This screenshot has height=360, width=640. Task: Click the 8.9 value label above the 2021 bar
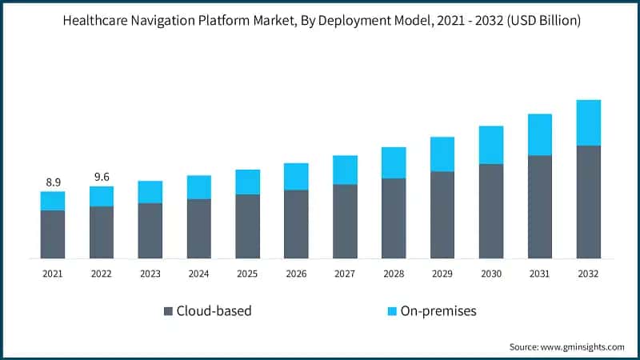pyautogui.click(x=53, y=182)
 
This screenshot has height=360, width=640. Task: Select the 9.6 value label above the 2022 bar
pyautogui.click(x=102, y=177)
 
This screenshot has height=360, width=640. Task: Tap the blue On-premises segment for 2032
pyautogui.click(x=588, y=122)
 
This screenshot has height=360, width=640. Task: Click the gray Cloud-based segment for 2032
pyautogui.click(x=588, y=202)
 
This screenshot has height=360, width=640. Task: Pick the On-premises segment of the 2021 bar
pyautogui.click(x=53, y=201)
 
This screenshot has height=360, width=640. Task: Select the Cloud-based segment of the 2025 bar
pyautogui.click(x=247, y=226)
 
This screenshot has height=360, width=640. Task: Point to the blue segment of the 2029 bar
pyautogui.click(x=442, y=154)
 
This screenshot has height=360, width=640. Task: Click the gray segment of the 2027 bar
pyautogui.click(x=345, y=222)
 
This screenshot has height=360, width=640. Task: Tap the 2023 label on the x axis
pyautogui.click(x=150, y=274)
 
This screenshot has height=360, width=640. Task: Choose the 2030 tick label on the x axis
pyautogui.click(x=491, y=274)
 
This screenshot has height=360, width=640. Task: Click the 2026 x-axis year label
pyautogui.click(x=296, y=274)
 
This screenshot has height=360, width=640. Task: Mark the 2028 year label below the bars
pyautogui.click(x=394, y=274)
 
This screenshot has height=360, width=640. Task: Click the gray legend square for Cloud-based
pyautogui.click(x=167, y=310)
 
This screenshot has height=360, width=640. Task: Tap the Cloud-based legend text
pyautogui.click(x=214, y=310)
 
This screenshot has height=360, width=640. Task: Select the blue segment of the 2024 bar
pyautogui.click(x=198, y=187)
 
